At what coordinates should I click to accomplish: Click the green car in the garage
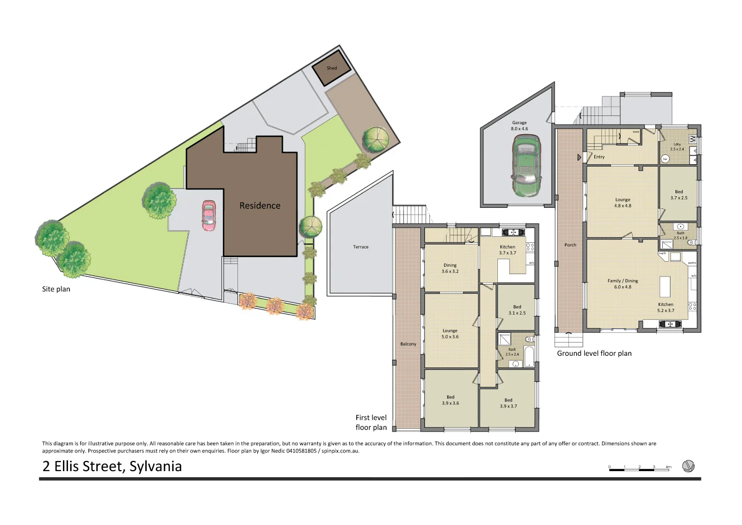[x=526, y=166]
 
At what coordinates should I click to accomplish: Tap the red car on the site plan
[x=209, y=215]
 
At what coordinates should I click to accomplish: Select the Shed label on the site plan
[x=331, y=68]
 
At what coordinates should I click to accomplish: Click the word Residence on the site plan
[x=260, y=205]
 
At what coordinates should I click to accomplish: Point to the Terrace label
[x=361, y=247]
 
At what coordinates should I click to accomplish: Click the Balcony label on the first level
[x=408, y=344]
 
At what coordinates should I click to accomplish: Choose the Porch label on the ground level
[x=570, y=245]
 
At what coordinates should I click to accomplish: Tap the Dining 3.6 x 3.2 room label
[x=450, y=268]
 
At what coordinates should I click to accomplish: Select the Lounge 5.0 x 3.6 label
[x=450, y=334]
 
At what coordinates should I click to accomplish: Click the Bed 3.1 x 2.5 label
[x=517, y=310]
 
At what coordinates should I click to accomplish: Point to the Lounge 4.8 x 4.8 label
[x=623, y=203]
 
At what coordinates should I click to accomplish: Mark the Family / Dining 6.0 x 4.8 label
[x=623, y=284]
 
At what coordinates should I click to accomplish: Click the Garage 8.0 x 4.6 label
[x=519, y=126]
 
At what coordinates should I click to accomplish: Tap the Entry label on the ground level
[x=599, y=157]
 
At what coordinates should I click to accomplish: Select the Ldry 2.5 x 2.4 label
[x=677, y=147]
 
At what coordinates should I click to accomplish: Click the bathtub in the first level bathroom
[x=528, y=356]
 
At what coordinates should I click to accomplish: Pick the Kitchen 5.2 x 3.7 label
[x=666, y=307]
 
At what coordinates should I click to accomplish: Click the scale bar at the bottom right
[x=640, y=469]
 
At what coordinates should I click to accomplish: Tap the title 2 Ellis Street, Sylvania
[x=112, y=467]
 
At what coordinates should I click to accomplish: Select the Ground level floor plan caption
[x=594, y=353]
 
